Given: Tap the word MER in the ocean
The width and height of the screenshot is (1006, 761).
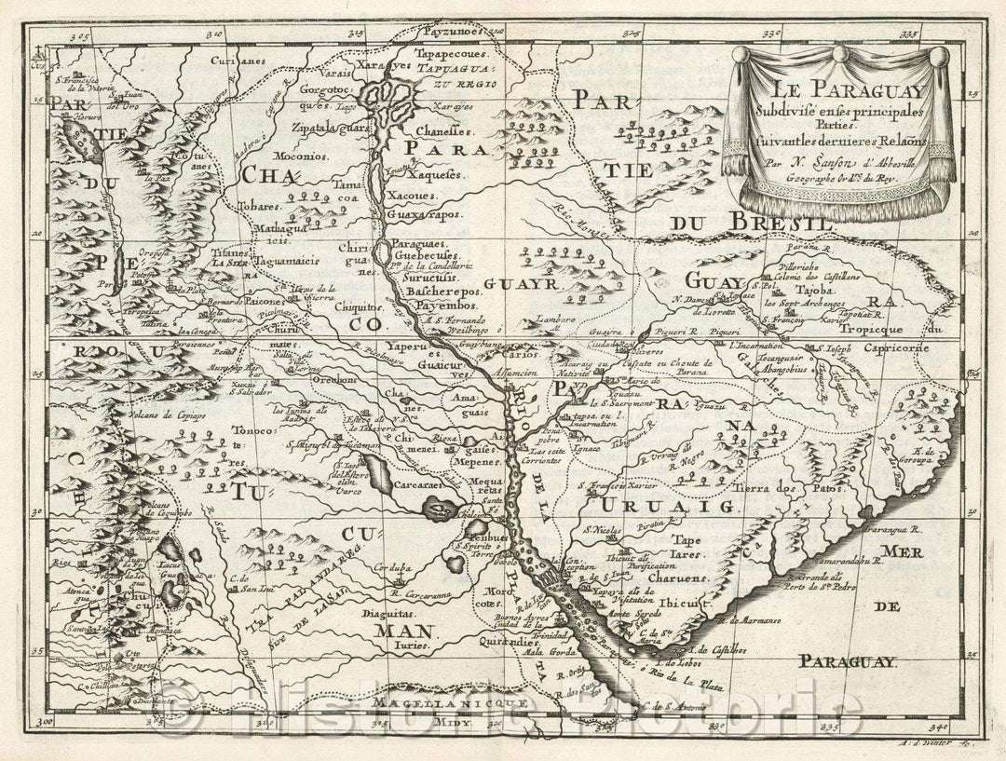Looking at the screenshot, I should [x=900, y=553].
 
